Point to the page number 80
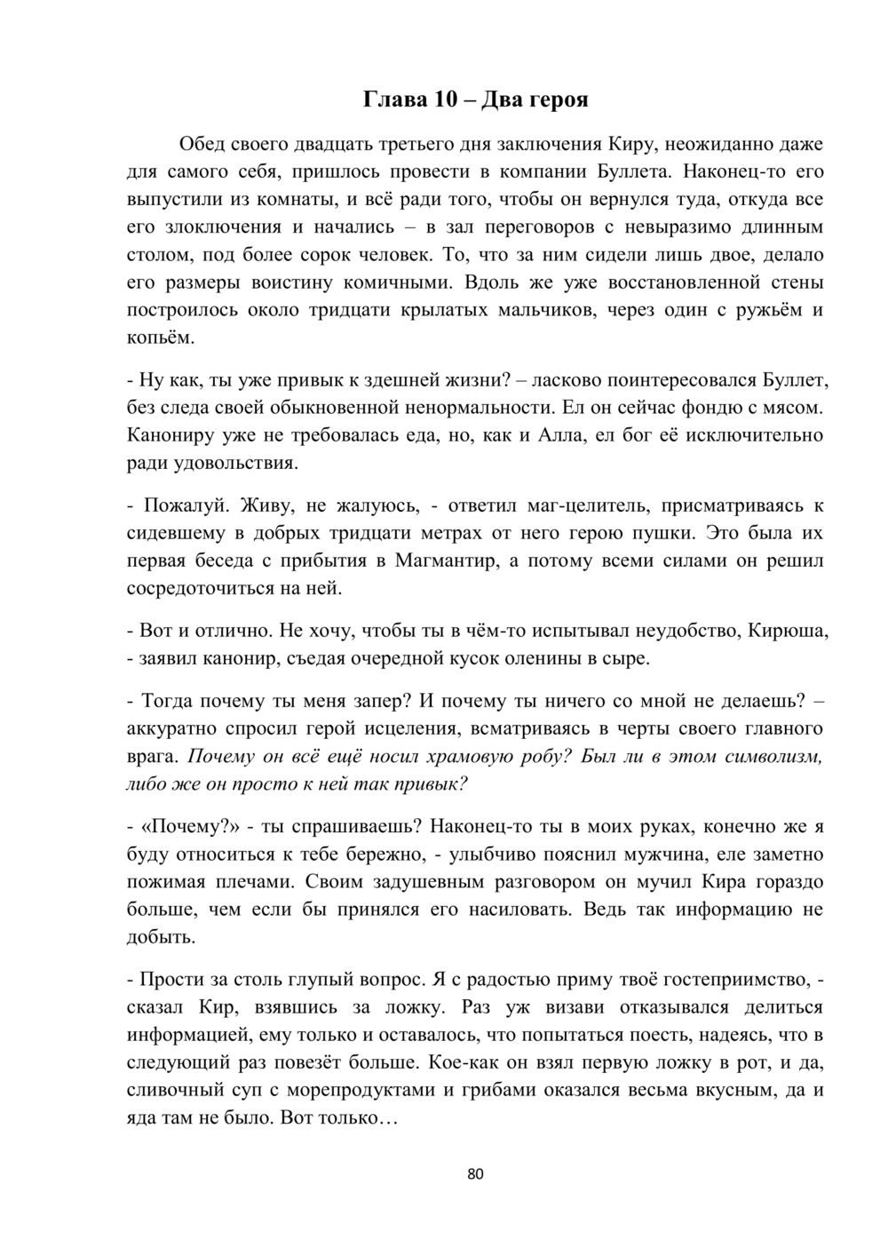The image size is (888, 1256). click(x=475, y=1174)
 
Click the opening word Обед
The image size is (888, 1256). click(x=206, y=144)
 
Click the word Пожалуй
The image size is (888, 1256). click(x=183, y=505)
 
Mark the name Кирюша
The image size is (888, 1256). click(x=787, y=631)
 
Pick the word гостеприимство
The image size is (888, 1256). click(x=732, y=980)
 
